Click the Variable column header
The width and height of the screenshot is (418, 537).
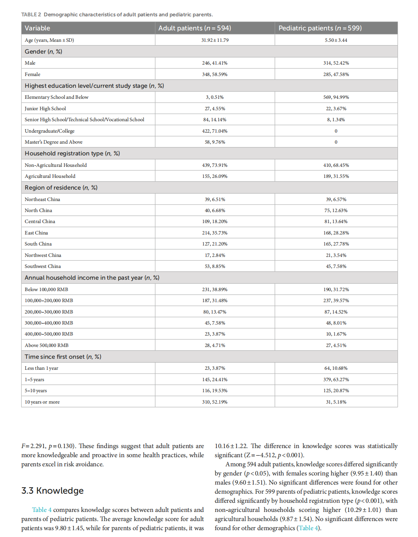point(37,28)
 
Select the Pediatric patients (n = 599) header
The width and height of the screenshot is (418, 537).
point(320,28)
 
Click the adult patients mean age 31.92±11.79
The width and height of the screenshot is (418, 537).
point(215,40)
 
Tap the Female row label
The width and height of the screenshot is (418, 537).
point(32,74)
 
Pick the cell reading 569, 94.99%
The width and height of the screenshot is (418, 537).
point(336,97)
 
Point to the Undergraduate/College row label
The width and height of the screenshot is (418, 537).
point(49,131)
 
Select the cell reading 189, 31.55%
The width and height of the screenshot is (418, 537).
point(336,176)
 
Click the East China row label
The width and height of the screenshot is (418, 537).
point(36,233)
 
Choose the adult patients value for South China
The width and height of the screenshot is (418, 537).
point(215,244)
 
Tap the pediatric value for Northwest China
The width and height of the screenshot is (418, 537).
point(336,255)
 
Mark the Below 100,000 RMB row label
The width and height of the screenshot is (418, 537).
point(46,290)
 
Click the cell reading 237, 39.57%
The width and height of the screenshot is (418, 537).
point(336,301)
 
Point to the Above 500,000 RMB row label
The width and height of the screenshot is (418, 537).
point(46,345)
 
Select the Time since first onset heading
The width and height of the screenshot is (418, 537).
point(63,357)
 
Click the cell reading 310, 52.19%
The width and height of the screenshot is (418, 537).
point(215,402)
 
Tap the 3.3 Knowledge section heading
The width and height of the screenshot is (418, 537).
point(52,491)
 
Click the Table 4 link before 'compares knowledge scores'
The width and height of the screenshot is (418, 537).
point(42,510)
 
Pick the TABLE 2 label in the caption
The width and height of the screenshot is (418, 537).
point(31,14)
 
